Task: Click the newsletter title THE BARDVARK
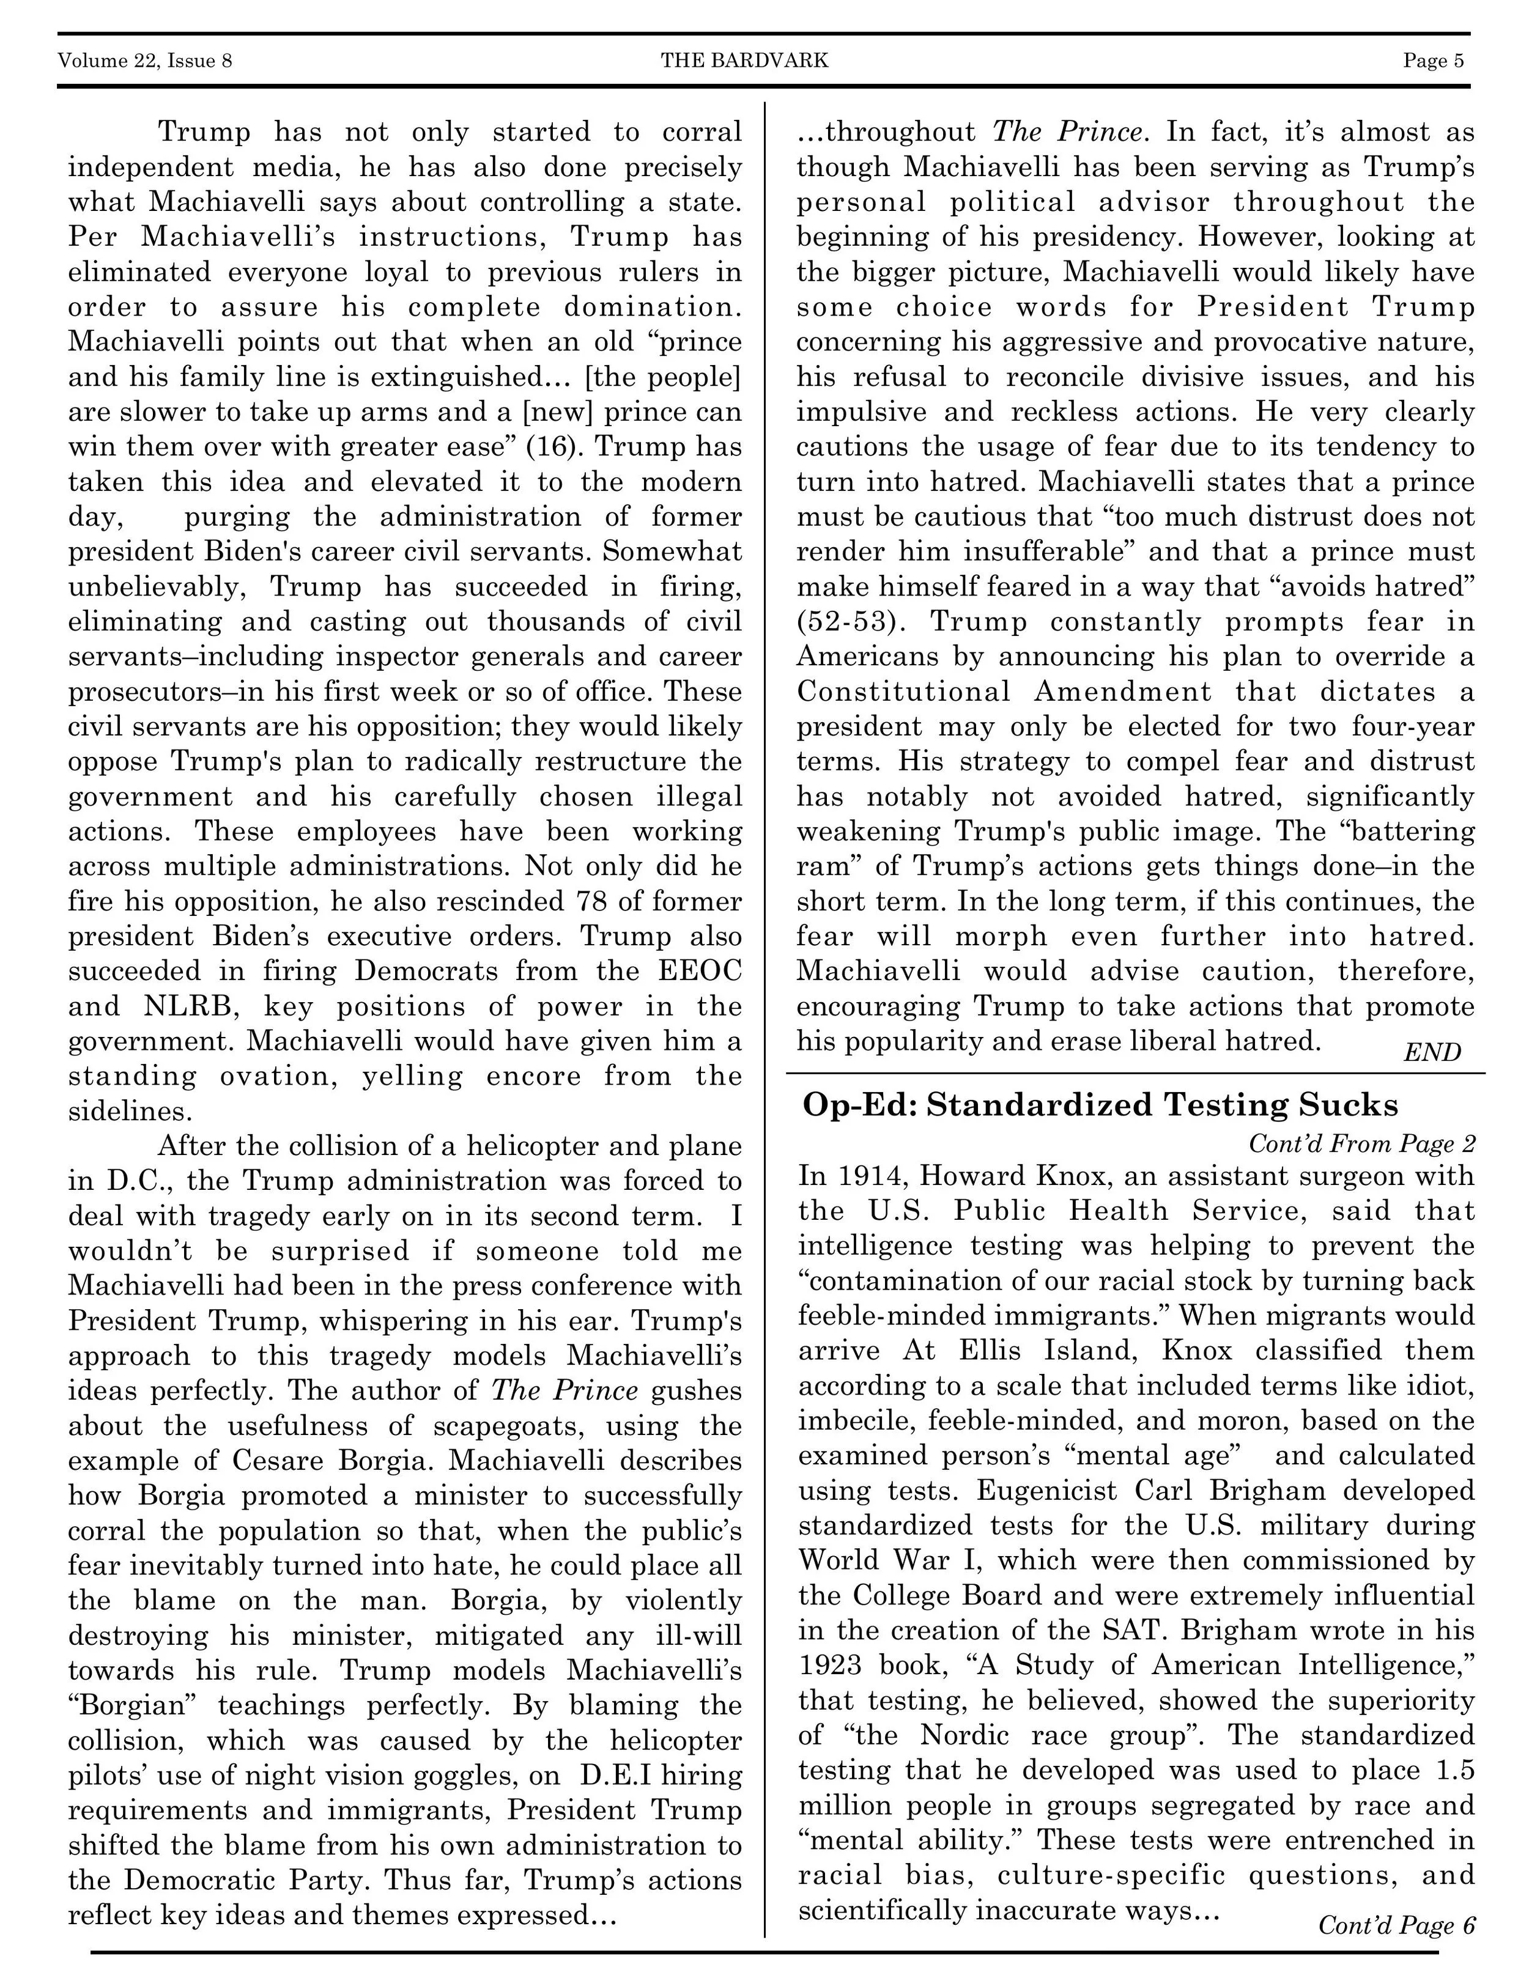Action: (744, 61)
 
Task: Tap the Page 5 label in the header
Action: (1433, 61)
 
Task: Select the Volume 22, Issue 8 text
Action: (145, 61)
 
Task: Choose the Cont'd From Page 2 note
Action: (1361, 1144)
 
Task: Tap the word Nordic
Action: (964, 1735)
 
